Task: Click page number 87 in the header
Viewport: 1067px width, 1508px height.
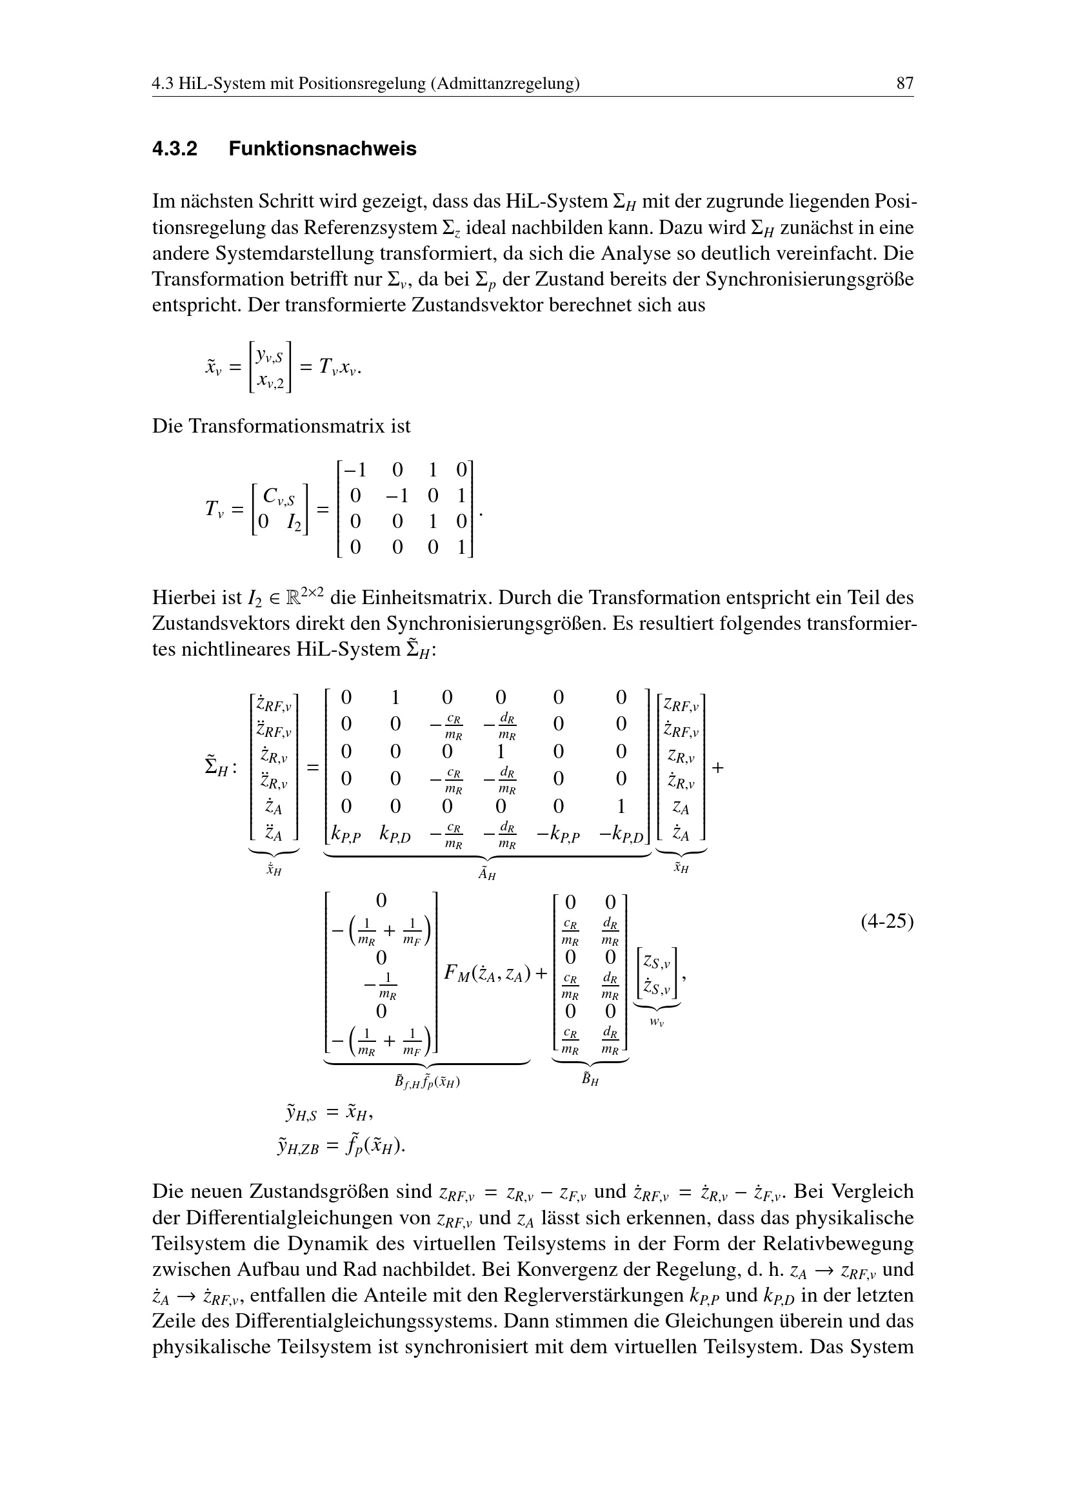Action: (x=904, y=83)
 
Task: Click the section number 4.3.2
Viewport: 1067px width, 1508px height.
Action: (x=175, y=149)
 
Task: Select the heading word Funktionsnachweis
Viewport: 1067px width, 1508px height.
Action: (x=323, y=149)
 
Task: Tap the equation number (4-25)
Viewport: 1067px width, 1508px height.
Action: (x=887, y=921)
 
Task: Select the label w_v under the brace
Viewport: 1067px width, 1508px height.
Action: (x=656, y=1023)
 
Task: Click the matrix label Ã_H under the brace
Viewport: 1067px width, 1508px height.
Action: (x=487, y=874)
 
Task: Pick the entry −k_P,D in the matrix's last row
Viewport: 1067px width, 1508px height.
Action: (x=623, y=835)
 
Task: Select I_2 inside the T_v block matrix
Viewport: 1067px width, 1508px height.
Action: (x=294, y=523)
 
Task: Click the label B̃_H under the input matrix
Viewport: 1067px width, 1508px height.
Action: (x=591, y=1079)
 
